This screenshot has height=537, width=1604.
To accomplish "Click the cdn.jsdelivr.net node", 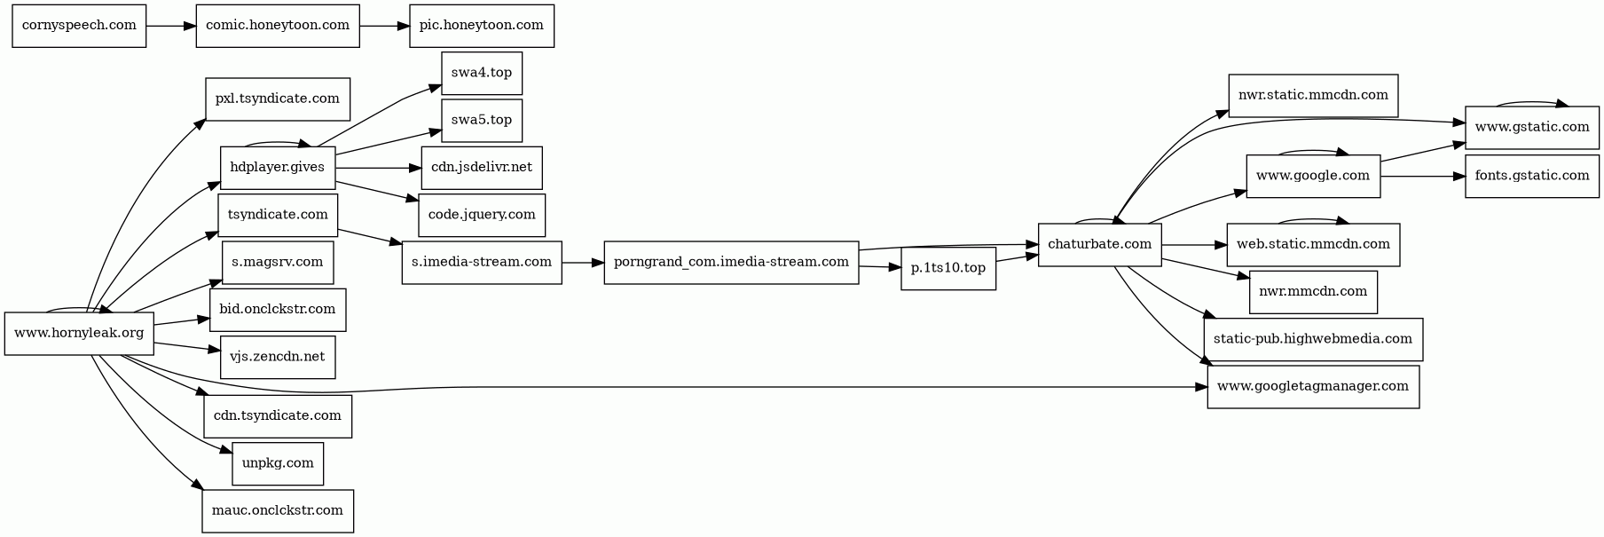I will [481, 168].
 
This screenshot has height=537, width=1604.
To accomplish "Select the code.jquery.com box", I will [482, 215].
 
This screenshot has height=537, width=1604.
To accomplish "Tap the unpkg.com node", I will [278, 463].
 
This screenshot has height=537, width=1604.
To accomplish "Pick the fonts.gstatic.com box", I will [1531, 176].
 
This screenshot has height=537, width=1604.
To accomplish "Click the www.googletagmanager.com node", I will [1313, 386].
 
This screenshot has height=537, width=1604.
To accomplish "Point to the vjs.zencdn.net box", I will [278, 357].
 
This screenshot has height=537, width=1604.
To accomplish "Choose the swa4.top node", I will [481, 73].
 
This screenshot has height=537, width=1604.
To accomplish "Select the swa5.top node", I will [481, 120].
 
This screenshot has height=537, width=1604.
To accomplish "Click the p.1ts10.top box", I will [947, 268].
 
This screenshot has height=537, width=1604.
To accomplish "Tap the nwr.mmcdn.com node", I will [1313, 291].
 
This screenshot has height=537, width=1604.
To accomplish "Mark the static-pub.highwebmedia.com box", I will [1312, 339].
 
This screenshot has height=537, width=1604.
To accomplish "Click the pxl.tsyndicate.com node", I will [277, 99].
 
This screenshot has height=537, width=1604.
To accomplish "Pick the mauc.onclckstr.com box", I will [278, 510].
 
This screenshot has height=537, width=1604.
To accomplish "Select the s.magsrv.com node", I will [278, 262].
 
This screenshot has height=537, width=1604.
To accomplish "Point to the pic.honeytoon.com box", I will [482, 26].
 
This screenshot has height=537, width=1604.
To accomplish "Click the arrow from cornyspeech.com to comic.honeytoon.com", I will [170, 26].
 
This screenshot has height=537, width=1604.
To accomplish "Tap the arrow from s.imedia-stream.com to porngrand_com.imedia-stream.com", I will [582, 263].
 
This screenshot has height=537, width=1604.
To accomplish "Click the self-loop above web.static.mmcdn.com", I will [1313, 218].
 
